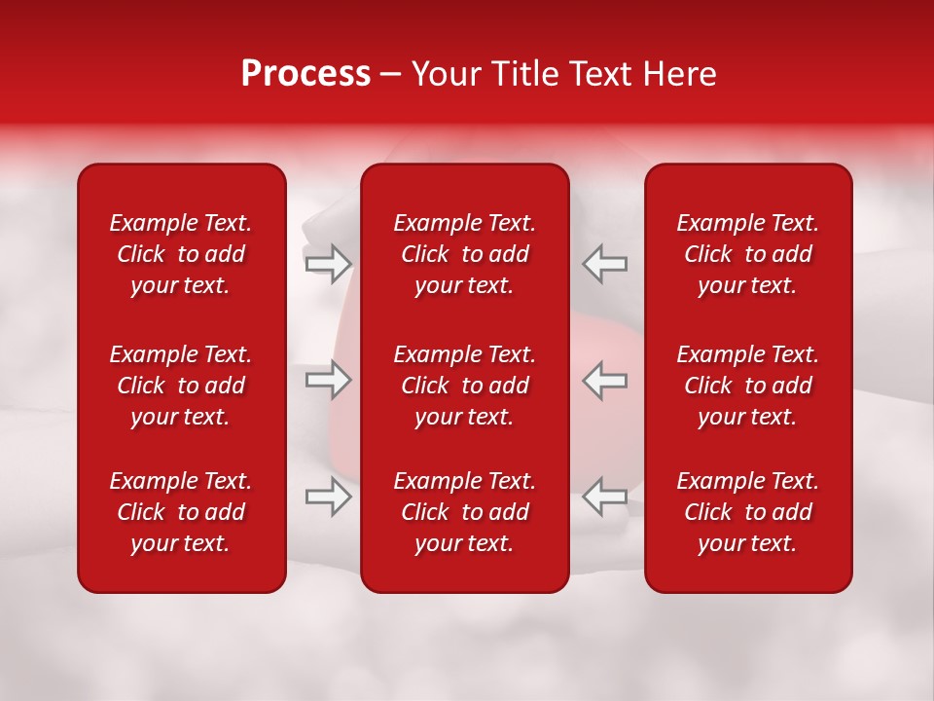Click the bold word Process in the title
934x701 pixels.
[x=305, y=74]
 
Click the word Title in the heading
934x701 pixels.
[x=525, y=74]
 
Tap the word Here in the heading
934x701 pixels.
[x=679, y=74]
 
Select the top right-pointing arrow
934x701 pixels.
[x=328, y=264]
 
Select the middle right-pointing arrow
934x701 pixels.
[x=328, y=380]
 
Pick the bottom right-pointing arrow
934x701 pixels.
[x=328, y=497]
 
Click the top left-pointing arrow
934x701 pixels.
[x=604, y=264]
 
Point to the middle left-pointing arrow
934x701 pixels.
[x=604, y=380]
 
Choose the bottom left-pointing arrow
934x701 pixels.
[x=604, y=497]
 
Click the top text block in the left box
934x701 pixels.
[x=181, y=254]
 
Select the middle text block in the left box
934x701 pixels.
[x=181, y=386]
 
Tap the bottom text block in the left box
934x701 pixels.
[x=181, y=512]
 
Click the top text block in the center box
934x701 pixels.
[x=465, y=254]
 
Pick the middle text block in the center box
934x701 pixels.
[x=465, y=386]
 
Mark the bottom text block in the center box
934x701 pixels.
[x=465, y=512]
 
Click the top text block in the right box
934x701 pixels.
[x=748, y=254]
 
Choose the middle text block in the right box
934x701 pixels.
[x=748, y=386]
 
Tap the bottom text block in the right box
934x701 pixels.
[x=748, y=512]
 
